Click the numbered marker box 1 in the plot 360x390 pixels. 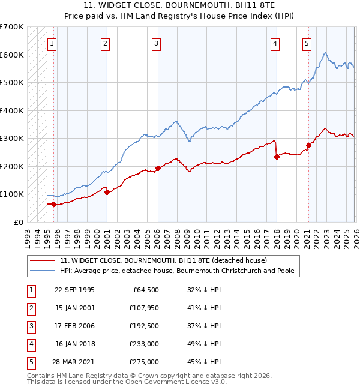point(52,43)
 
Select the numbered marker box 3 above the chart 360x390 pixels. point(156,43)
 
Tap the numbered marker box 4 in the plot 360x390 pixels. point(275,43)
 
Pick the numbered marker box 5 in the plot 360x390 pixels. point(307,43)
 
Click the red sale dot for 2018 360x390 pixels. point(277,157)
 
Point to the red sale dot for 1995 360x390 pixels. point(54,204)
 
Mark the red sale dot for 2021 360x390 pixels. point(308,145)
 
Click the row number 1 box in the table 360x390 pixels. point(30,289)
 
